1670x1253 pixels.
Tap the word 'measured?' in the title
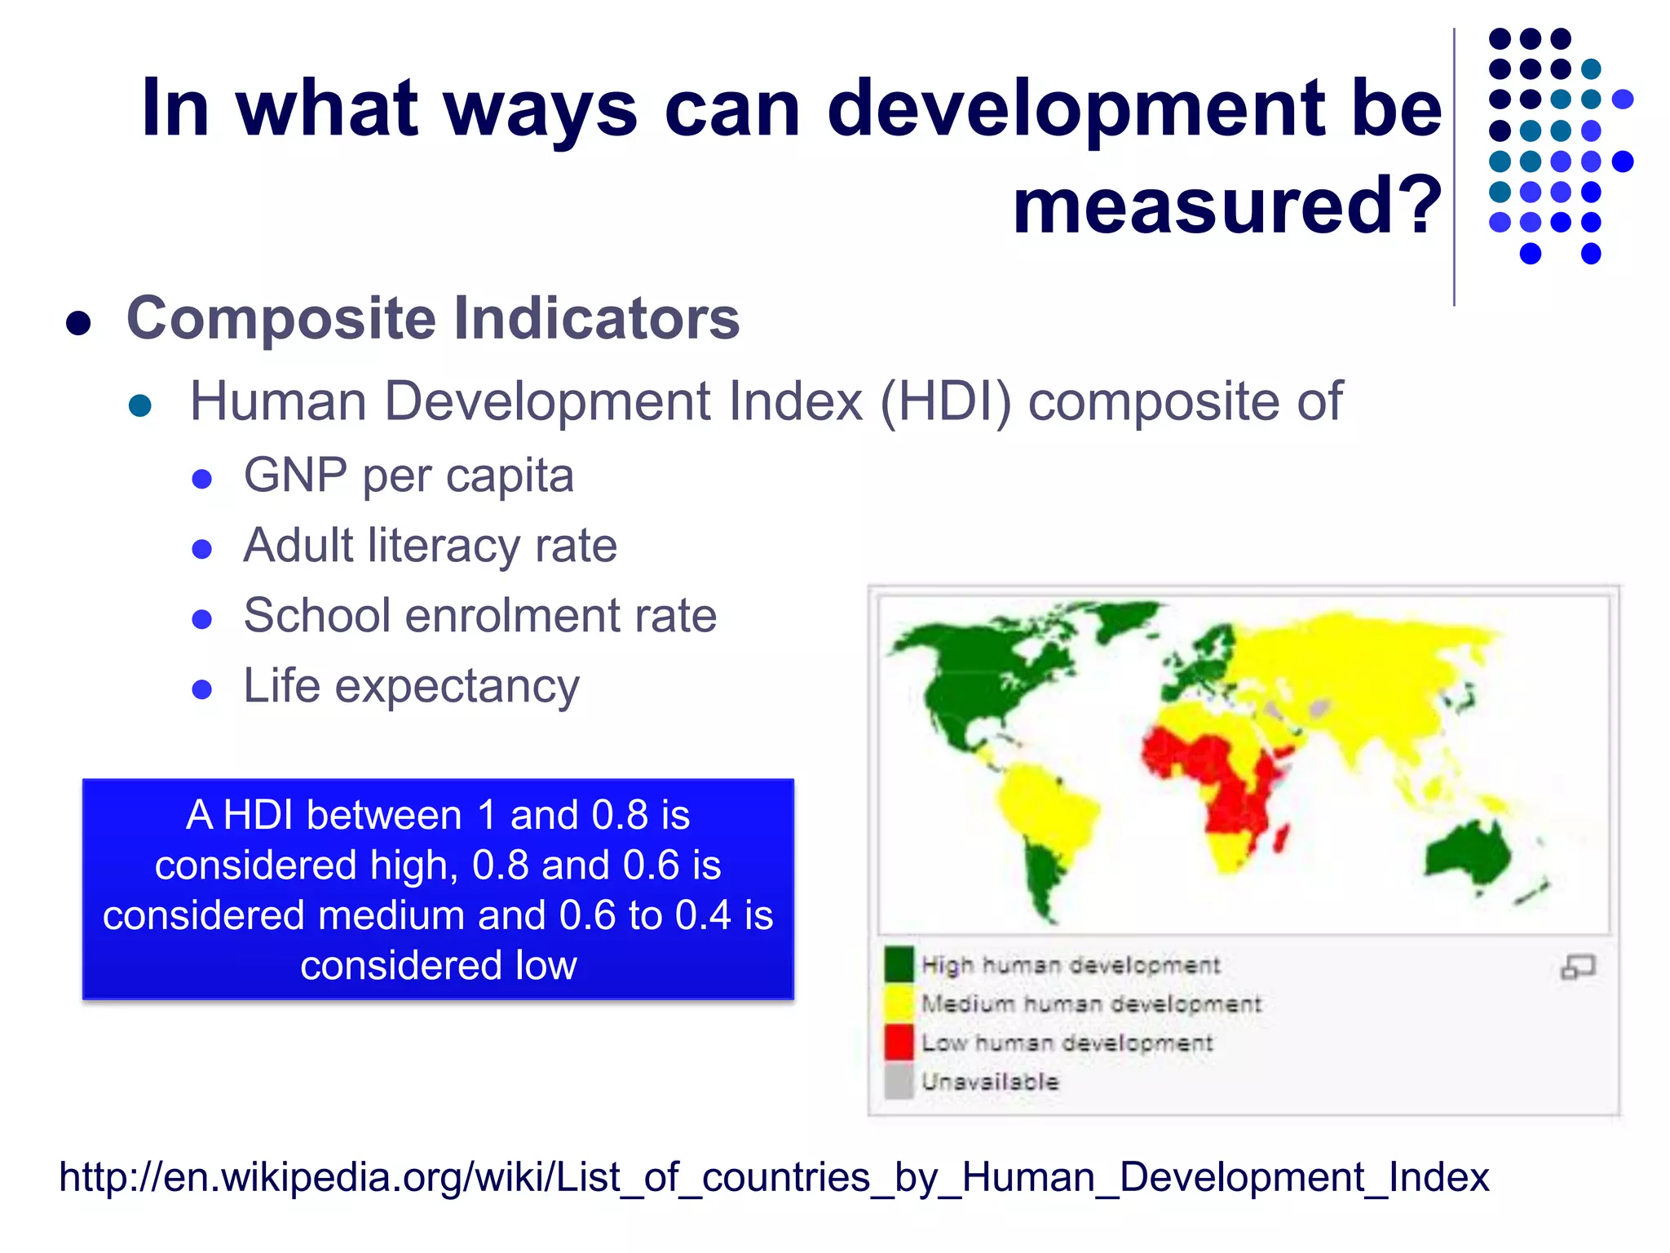[1226, 206]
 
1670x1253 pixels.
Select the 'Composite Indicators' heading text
[432, 318]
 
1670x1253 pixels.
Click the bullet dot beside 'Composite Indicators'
[78, 323]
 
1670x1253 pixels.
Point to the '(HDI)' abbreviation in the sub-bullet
[945, 401]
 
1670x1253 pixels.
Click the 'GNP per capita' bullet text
[409, 476]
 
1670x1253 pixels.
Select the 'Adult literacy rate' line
[430, 546]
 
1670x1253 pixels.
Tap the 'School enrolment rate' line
[479, 616]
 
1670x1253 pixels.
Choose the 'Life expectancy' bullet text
[411, 686]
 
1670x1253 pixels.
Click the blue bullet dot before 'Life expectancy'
[201, 690]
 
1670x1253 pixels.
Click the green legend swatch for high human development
[899, 965]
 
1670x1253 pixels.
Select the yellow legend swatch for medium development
[899, 1003]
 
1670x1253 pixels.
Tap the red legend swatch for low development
[899, 1043]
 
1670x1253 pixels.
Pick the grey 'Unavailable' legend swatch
[899, 1082]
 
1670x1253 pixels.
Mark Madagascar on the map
[1281, 839]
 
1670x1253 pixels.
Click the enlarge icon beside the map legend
[1577, 967]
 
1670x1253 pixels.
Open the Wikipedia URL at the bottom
[774, 1178]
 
